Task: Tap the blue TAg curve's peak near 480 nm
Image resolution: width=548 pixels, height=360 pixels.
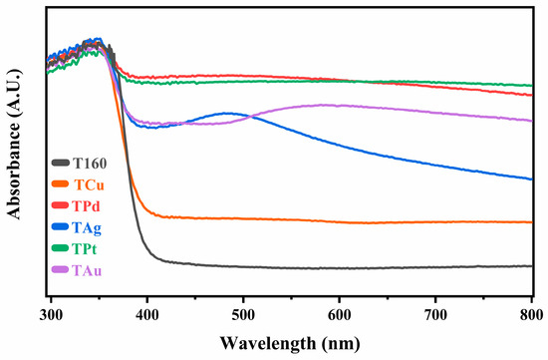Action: pos(228,113)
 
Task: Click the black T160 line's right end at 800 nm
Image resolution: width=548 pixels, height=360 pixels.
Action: pos(531,266)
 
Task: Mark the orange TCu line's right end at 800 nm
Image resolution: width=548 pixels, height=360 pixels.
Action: pos(531,222)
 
